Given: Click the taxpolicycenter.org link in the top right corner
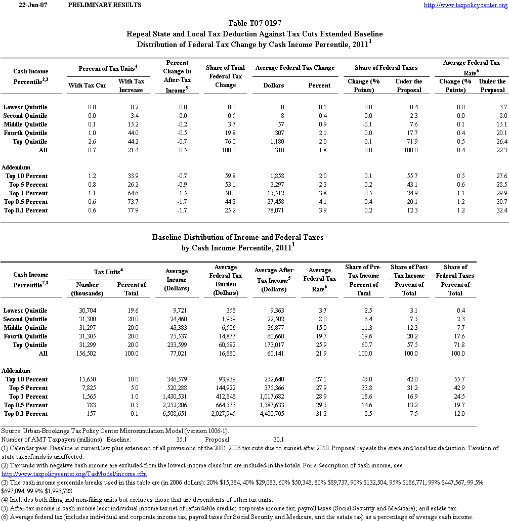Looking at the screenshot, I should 465,5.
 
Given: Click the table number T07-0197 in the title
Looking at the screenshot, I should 254,23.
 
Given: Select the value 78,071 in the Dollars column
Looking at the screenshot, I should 273,210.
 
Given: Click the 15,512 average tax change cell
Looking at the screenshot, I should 273,193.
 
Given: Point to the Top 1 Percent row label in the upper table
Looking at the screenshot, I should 27,193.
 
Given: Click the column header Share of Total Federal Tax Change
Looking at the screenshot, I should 225,76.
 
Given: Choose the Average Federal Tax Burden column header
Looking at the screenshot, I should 226,280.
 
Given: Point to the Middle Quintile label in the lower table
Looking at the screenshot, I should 25,328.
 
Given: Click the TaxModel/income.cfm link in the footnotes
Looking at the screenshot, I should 74,474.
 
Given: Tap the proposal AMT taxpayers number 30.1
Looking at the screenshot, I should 279,440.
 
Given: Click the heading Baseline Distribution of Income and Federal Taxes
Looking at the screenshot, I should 238,237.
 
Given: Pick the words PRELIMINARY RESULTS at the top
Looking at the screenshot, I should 104,5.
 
